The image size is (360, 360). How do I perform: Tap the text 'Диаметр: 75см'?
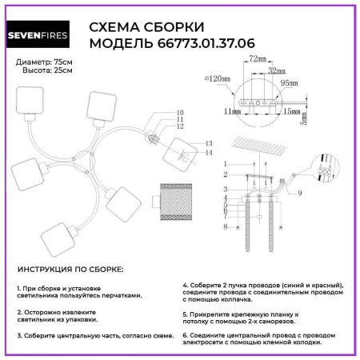pos(45,62)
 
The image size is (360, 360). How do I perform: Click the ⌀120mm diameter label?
pos(216,78)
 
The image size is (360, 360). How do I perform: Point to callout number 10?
pos(179,113)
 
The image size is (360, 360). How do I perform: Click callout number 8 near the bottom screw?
pos(227,228)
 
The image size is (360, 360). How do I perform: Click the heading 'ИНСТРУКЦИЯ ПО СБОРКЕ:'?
pos(70,270)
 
